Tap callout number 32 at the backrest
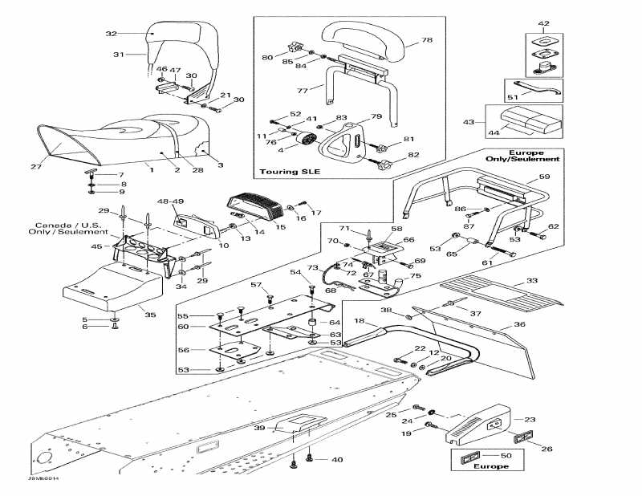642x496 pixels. (x=112, y=34)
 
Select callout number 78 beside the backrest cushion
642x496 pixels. (x=427, y=40)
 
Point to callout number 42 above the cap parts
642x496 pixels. (x=543, y=23)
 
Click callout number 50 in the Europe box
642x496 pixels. (x=506, y=455)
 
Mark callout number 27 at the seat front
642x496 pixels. (x=35, y=167)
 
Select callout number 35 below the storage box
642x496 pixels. (x=150, y=315)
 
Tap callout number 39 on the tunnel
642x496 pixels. (x=259, y=429)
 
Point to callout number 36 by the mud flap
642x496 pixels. (x=519, y=324)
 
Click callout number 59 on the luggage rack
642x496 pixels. (x=544, y=176)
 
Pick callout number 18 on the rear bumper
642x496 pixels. (x=360, y=321)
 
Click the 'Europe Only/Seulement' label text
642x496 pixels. (x=526, y=156)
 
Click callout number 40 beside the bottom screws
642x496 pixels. (x=337, y=460)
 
